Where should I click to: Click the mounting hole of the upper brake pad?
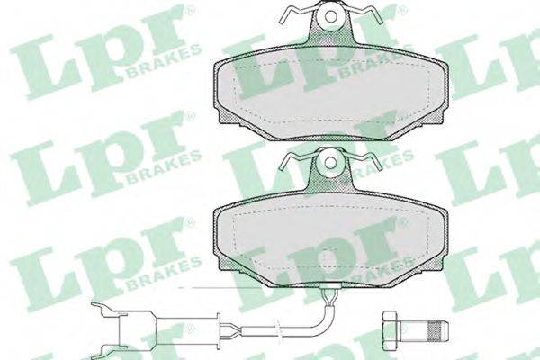pos(331,16)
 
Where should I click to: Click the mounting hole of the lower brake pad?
pos(330,162)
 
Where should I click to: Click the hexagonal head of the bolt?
pos(390,326)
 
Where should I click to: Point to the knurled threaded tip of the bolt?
pos(437,326)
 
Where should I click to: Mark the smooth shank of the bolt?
pos(412,326)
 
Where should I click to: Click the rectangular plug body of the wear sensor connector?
pos(138,326)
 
